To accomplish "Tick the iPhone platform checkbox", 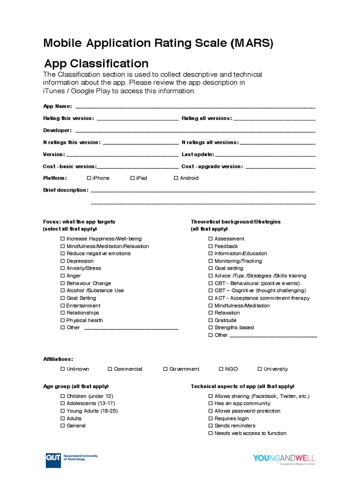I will tap(89, 178).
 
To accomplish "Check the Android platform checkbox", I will tap(176, 178).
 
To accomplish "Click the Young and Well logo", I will tap(284, 458).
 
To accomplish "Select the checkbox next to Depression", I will tap(63, 261).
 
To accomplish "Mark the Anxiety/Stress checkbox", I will tap(63, 269).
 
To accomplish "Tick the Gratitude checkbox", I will tap(211, 321).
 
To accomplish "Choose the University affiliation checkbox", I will tap(260, 369).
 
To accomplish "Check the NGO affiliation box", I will tap(221, 369).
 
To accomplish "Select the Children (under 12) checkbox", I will tap(63, 397).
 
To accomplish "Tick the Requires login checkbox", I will tap(211, 419).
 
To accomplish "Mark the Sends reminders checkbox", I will tap(211, 426).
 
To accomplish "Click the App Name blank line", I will tap(195, 107).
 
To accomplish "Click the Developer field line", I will tap(195, 131).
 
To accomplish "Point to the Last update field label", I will tap(197, 154).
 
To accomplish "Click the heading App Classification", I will tap(96, 63).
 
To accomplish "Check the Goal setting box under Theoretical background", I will tap(211, 269).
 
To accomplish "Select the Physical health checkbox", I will tap(63, 321).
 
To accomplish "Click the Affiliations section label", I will tap(58, 359).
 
